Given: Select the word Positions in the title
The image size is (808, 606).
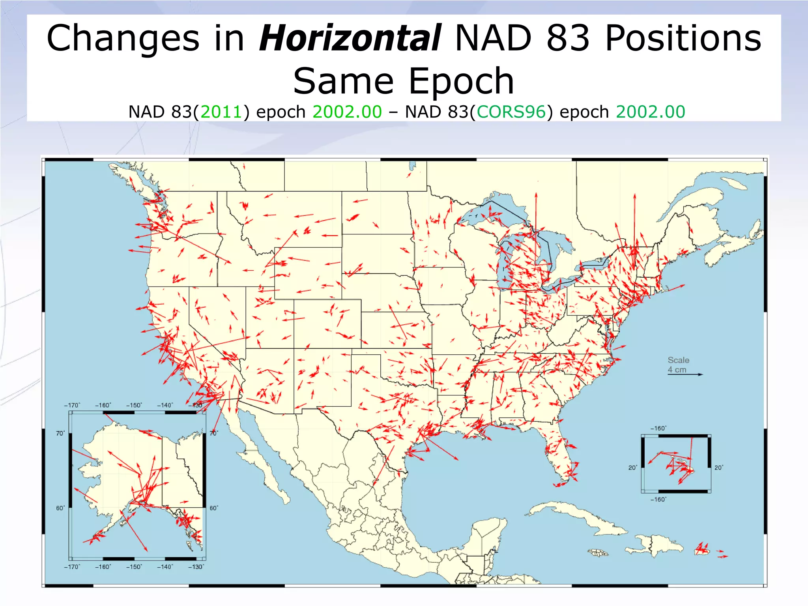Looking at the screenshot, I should pos(683,38).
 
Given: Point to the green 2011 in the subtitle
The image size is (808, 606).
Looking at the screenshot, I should pos(221,112).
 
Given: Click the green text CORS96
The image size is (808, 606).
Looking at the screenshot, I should pos(511,112).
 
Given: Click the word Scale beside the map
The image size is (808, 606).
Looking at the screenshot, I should pos(678,360).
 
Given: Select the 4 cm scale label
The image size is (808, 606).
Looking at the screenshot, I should pos(677,370).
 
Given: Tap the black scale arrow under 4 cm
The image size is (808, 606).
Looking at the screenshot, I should pos(685,374).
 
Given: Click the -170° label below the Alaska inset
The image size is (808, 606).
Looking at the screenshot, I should pos(72,567).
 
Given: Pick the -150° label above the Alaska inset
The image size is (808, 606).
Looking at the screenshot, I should pos(134,405).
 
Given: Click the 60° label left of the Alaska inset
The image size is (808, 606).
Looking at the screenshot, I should pos(60,508).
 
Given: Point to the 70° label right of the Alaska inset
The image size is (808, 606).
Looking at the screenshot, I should pos(213,433).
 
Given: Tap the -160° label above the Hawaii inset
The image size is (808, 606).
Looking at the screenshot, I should pos(658,428).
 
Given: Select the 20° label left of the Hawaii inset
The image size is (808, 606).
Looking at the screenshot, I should pos(632,468).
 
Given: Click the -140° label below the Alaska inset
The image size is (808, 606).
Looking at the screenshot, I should pos(165,567).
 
